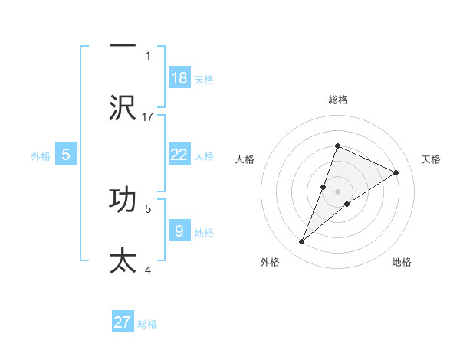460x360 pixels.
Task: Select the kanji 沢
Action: [123, 108]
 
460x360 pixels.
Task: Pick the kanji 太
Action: [123, 260]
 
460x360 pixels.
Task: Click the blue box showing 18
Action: [179, 78]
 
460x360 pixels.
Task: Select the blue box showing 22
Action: [179, 155]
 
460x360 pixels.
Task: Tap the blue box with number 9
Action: [179, 231]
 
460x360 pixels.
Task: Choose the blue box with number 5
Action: [66, 155]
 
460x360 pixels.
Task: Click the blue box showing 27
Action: [123, 322]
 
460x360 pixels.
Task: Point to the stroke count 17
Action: [149, 116]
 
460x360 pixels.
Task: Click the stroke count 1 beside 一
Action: [148, 56]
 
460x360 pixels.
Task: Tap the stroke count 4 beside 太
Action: [148, 269]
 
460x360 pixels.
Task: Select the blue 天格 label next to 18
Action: [204, 79]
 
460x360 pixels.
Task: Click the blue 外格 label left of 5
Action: [41, 155]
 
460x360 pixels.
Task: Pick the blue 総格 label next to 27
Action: [147, 324]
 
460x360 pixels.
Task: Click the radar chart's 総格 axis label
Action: [337, 100]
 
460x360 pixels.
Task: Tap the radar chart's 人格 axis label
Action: [245, 159]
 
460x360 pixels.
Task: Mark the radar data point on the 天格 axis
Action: [396, 173]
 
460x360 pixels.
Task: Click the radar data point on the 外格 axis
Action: [301, 242]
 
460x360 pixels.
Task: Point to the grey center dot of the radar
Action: [337, 191]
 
